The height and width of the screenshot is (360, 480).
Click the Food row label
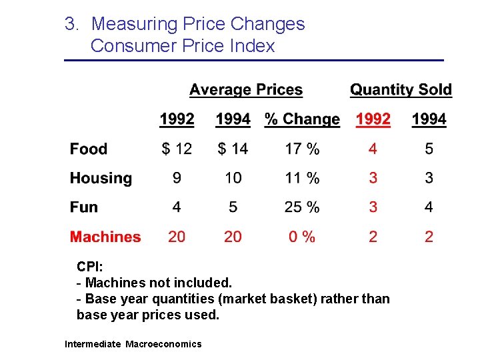tap(88, 149)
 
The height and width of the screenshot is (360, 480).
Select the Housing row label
tap(101, 178)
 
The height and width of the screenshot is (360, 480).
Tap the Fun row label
tap(83, 207)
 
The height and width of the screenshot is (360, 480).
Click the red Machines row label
tap(105, 237)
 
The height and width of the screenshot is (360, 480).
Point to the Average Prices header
tap(245, 90)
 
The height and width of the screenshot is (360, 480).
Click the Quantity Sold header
tap(401, 90)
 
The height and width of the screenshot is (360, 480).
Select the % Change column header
tap(302, 119)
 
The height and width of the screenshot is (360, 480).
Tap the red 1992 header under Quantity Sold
tap(373, 119)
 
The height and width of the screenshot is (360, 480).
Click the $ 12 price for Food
tap(177, 149)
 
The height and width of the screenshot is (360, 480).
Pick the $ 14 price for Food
tap(233, 149)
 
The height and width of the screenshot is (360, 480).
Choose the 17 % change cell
tap(302, 149)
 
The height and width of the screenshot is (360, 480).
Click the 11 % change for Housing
tap(302, 178)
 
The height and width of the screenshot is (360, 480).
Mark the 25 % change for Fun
tap(302, 207)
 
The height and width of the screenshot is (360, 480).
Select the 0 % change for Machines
tap(302, 237)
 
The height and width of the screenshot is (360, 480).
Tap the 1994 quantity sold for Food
tap(429, 149)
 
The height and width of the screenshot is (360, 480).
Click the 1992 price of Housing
tap(177, 178)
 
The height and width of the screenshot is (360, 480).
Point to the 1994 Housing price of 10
tap(233, 178)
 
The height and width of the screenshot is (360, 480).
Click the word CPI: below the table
tap(89, 267)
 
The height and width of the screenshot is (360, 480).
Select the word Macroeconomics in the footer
tap(163, 344)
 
